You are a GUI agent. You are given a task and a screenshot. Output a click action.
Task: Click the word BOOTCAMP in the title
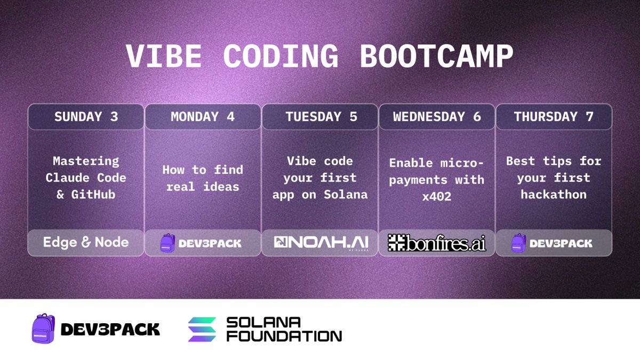click(436, 56)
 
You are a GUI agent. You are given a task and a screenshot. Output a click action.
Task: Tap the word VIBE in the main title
click(164, 56)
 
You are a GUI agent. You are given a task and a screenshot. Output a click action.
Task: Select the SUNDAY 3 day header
click(86, 117)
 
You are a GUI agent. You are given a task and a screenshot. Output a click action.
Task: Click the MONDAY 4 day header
click(203, 117)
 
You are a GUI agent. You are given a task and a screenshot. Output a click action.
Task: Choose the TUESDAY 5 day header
click(321, 117)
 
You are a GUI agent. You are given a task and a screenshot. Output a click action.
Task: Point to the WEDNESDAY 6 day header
click(437, 117)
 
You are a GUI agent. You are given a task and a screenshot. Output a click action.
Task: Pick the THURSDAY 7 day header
click(554, 117)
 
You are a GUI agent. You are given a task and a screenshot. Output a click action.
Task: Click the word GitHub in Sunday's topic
click(93, 195)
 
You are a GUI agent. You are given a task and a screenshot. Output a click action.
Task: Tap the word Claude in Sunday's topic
click(67, 178)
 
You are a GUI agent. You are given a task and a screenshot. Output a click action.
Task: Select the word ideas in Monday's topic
click(221, 187)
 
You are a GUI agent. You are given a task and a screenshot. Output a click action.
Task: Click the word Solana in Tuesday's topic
click(346, 195)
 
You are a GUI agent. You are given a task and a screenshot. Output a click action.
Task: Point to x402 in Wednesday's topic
click(437, 197)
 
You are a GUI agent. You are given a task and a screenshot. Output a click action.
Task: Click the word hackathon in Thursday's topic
click(554, 195)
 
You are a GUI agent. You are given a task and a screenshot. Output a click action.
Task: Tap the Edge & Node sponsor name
click(86, 242)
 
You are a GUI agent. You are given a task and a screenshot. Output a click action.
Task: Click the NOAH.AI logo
click(321, 242)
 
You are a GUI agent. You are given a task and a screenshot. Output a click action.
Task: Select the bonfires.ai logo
click(437, 243)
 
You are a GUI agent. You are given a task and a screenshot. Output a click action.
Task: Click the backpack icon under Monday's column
click(167, 243)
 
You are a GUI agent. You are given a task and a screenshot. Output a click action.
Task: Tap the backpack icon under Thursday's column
click(518, 243)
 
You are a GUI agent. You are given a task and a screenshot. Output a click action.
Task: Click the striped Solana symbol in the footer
click(202, 330)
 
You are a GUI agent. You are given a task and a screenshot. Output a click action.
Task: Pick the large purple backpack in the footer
click(43, 329)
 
